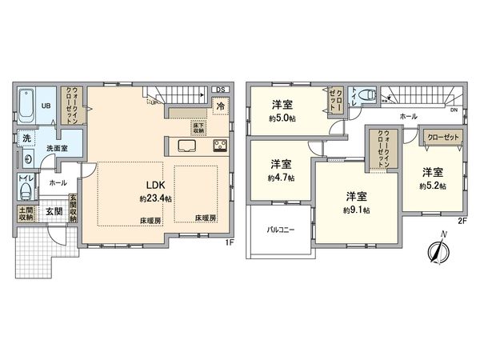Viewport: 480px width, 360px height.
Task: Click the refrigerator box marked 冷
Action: tap(219, 106)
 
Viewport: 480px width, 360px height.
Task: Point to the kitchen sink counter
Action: tap(188, 146)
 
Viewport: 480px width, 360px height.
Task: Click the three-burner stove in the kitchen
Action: tap(219, 146)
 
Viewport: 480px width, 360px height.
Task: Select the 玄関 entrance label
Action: tap(54, 211)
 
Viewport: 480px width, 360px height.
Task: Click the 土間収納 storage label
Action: tap(26, 213)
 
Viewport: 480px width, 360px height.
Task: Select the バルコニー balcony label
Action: tap(282, 229)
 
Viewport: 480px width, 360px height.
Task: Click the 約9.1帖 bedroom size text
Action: tap(356, 210)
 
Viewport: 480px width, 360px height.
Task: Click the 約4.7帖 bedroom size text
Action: tap(279, 178)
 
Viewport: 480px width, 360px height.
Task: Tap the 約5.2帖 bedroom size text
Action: tap(433, 186)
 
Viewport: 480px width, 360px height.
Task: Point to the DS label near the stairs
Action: tap(218, 89)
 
